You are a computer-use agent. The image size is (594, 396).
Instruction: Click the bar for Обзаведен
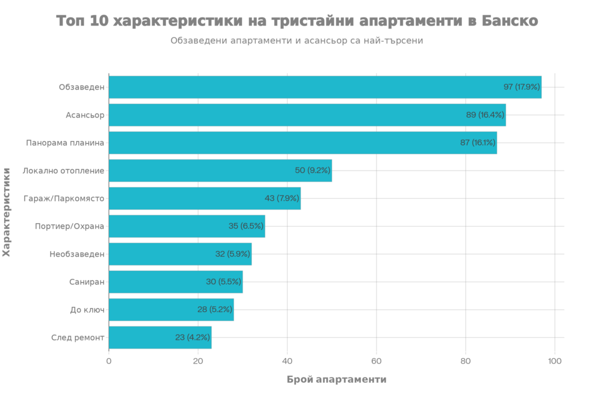click(325, 87)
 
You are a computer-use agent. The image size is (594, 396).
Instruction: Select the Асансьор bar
click(307, 115)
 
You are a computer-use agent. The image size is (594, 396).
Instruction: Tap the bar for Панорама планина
click(303, 143)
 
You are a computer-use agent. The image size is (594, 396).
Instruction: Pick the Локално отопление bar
click(220, 170)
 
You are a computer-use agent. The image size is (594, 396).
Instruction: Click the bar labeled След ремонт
click(160, 337)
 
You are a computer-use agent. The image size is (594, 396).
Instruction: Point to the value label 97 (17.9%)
click(521, 87)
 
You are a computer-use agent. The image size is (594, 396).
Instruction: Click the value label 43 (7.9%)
click(281, 198)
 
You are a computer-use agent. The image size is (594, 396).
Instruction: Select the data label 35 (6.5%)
click(246, 226)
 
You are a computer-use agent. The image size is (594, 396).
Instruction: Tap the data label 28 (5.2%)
click(215, 310)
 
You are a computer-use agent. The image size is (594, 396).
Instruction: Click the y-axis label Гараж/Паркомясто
click(64, 198)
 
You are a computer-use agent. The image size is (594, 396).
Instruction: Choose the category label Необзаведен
click(77, 254)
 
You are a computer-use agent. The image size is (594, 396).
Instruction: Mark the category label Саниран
click(86, 282)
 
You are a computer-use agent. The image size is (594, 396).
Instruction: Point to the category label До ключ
click(86, 310)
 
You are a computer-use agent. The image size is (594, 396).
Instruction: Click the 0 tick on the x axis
click(109, 361)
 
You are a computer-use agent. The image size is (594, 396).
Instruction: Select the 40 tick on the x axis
click(287, 361)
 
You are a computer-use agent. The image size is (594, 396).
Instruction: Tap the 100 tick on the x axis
click(555, 361)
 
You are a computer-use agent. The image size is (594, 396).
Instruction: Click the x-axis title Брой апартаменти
click(336, 380)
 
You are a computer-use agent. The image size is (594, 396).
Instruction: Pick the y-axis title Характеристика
click(6, 212)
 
